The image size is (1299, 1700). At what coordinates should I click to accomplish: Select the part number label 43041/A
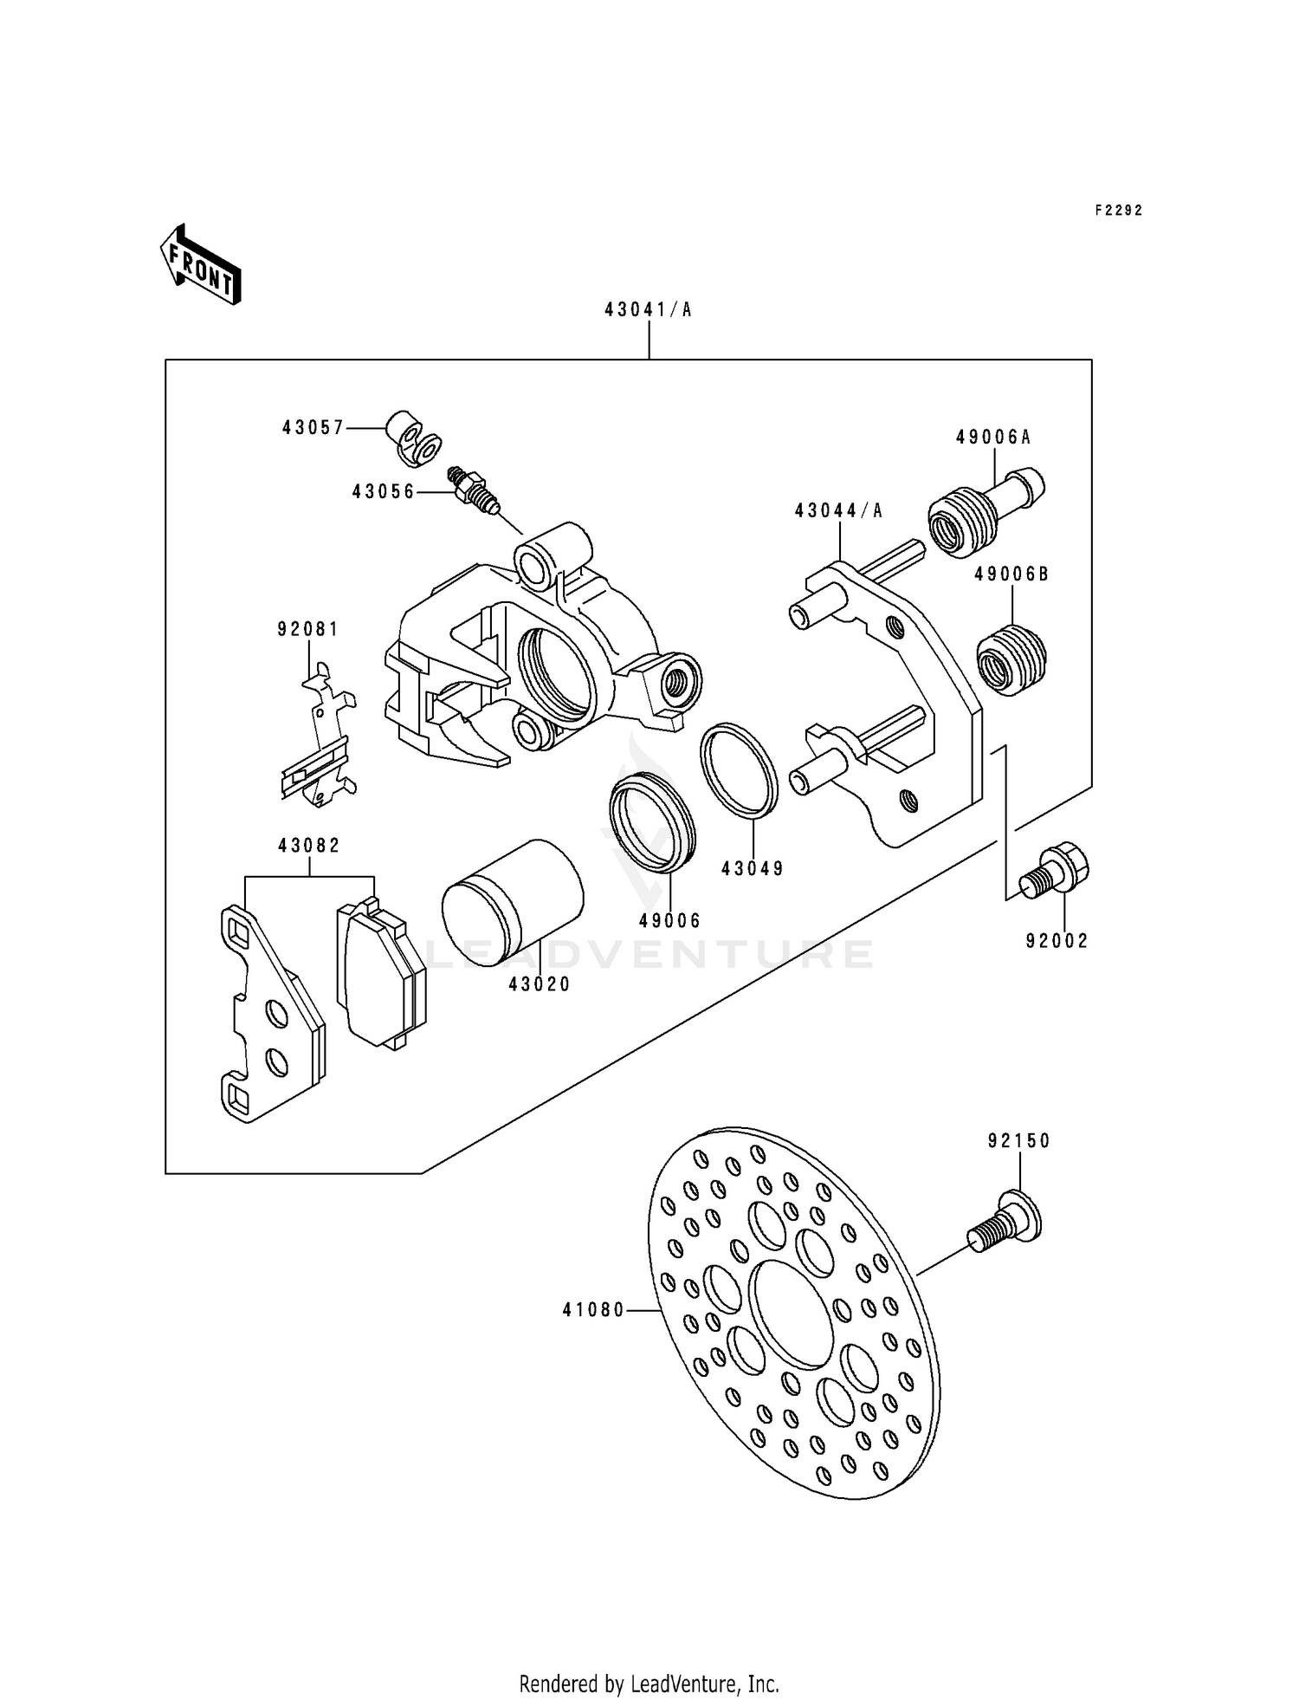pos(648,309)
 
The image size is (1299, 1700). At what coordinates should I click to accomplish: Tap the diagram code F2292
pos(1118,211)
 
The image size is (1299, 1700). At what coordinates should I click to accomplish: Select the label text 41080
pos(593,1311)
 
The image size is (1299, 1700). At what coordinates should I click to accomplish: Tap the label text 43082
pos(309,845)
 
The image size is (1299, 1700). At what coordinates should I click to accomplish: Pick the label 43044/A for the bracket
pos(838,511)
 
